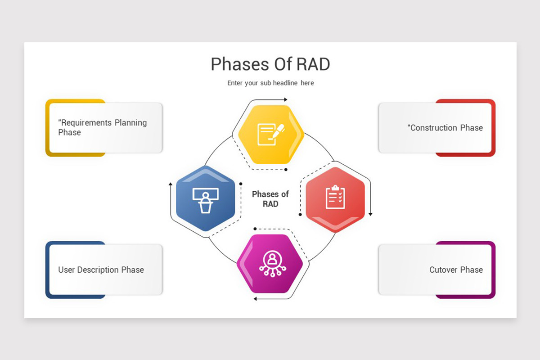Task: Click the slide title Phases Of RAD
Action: pyautogui.click(x=270, y=64)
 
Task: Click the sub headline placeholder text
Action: pyautogui.click(x=270, y=83)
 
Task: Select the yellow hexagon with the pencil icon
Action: pyautogui.click(x=271, y=134)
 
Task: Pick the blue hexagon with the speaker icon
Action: pyautogui.click(x=206, y=198)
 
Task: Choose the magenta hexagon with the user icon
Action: pyautogui.click(x=270, y=263)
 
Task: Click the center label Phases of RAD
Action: pyautogui.click(x=270, y=199)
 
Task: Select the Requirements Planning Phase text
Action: pyautogui.click(x=102, y=127)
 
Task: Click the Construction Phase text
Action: pyautogui.click(x=445, y=128)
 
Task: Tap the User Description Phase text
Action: pyautogui.click(x=101, y=270)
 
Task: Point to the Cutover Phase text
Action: pyautogui.click(x=455, y=270)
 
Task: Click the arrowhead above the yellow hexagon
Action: pyautogui.click(x=285, y=99)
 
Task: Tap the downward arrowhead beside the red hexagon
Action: pyautogui.click(x=370, y=214)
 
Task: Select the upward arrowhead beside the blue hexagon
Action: pyautogui.click(x=170, y=184)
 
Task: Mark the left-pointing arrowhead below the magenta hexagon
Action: pyautogui.click(x=255, y=298)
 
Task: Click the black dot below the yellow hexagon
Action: pyautogui.click(x=286, y=170)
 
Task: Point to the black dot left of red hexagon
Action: pyautogui.click(x=300, y=215)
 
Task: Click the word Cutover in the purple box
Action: pyautogui.click(x=443, y=270)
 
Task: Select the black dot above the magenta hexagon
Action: pyautogui.click(x=255, y=229)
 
